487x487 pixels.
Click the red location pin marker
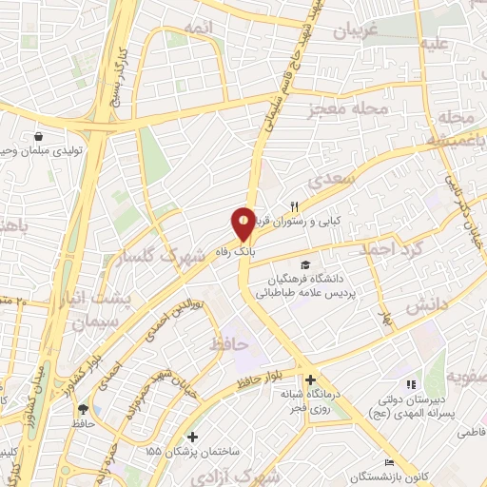244,224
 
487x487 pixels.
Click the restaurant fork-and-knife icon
295,205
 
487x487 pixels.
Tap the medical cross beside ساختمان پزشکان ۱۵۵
193,438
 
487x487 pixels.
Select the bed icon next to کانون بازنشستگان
388,461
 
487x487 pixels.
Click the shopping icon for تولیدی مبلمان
37,137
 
